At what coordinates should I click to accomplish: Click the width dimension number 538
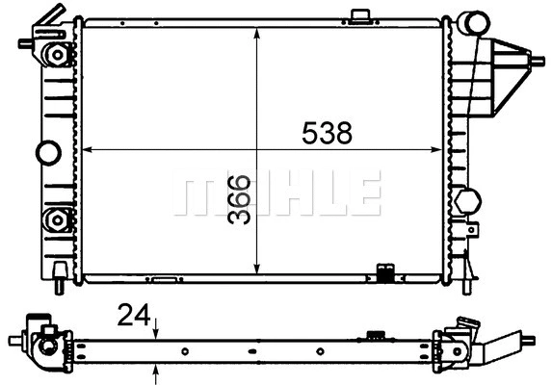327,134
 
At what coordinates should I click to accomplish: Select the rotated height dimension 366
240,199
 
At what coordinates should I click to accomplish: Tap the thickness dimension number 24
134,315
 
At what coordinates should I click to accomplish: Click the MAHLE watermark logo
276,193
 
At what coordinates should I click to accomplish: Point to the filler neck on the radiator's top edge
361,16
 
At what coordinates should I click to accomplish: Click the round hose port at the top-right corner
472,23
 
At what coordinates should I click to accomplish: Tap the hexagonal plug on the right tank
468,201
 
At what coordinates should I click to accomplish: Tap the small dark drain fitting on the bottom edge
385,273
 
